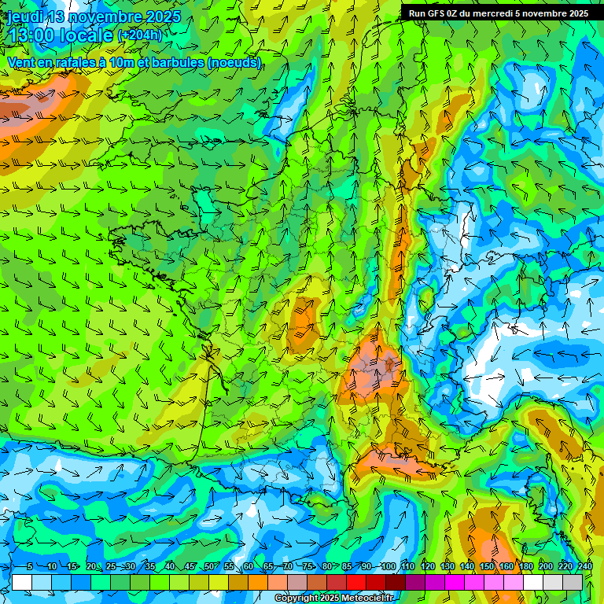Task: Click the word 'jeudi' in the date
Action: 25,17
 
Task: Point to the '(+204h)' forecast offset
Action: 139,35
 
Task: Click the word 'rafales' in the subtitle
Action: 74,63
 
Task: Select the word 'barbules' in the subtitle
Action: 179,63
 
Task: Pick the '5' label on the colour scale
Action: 29,566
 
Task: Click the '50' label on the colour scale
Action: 208,566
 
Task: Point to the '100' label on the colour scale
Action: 388,566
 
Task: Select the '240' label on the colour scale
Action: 584,566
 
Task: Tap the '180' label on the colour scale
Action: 525,566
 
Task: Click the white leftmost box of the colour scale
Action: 22,582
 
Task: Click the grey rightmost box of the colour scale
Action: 573,582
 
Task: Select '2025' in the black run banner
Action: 576,13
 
